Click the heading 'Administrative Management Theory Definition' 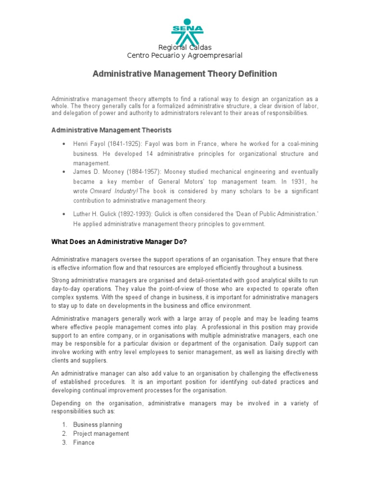coord(185,74)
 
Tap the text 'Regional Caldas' coord(185,47)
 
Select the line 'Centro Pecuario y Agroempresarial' coord(185,56)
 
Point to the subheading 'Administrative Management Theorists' coord(111,130)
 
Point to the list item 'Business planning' coord(97,425)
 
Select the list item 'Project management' coord(101,433)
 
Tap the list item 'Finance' coord(84,442)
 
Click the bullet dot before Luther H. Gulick coord(64,214)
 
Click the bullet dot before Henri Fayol coord(64,144)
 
